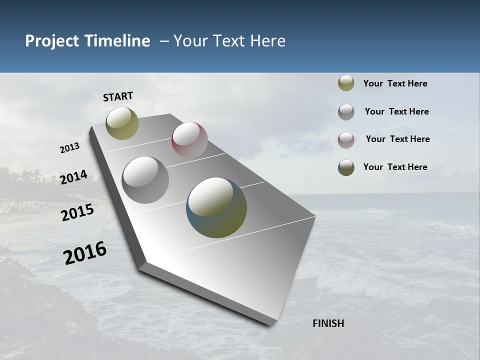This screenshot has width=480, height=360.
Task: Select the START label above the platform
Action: [118, 96]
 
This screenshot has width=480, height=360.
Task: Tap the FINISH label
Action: [328, 323]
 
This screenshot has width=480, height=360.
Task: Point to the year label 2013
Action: [69, 148]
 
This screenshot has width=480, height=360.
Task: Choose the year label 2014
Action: [73, 177]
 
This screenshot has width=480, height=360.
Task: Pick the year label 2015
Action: [77, 212]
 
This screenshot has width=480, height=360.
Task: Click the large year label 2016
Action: [85, 253]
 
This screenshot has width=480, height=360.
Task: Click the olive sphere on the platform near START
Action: [122, 123]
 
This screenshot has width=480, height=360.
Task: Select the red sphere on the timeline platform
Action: [189, 139]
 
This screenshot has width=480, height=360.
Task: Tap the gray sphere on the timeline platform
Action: [145, 180]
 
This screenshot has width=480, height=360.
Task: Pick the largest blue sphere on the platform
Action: [216, 207]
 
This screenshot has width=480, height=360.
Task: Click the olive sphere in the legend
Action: [346, 83]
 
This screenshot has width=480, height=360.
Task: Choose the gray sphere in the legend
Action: [346, 112]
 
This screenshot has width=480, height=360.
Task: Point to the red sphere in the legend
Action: [346, 140]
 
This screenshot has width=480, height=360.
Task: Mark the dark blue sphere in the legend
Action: [346, 167]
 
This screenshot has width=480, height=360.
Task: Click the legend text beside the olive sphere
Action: [395, 83]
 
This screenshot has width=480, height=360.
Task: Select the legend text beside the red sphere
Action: [397, 139]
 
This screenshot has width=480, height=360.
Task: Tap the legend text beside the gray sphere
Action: [396, 111]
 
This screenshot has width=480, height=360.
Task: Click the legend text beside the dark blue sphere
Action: [395, 167]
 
